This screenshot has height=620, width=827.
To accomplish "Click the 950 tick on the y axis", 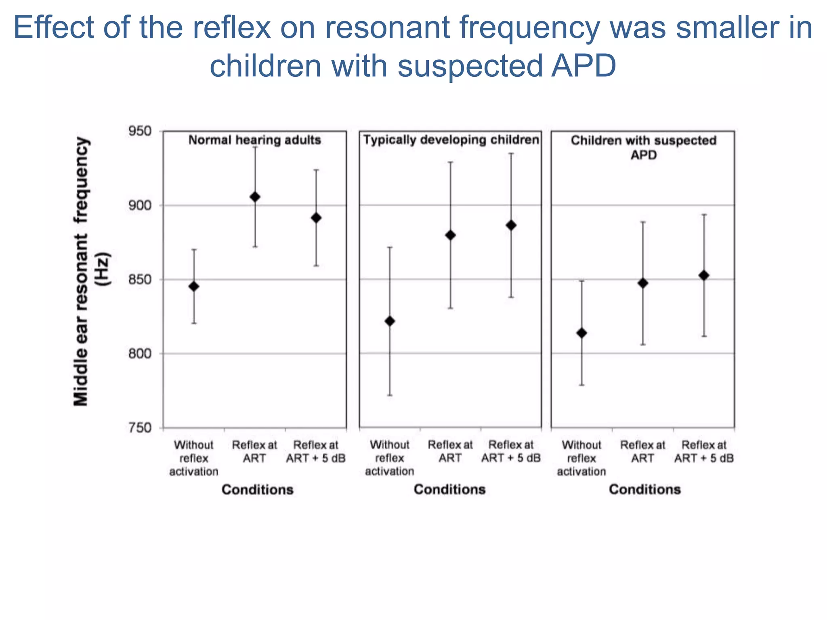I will tap(140, 131).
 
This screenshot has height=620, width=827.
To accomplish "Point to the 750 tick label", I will tap(140, 427).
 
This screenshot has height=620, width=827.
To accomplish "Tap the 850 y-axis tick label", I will tap(140, 279).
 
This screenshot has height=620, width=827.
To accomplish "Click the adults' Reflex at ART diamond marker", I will tap(255, 197).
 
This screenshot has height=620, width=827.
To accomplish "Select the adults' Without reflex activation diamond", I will tap(194, 286).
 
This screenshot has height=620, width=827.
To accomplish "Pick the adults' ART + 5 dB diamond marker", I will tap(316, 218).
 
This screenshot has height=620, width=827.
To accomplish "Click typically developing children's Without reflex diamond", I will tap(390, 321).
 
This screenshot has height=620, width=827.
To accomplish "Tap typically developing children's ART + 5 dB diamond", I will tap(511, 225).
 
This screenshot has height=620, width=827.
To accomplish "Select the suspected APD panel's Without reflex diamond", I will tap(581, 333).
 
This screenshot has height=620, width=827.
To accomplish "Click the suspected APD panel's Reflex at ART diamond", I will tap(643, 283).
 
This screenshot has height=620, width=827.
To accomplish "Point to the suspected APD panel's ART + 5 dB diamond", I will tap(704, 276).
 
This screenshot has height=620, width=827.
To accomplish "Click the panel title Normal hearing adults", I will tap(254, 140).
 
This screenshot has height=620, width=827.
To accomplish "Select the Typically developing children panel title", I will tap(451, 140).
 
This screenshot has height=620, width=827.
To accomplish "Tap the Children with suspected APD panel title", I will tap(643, 147).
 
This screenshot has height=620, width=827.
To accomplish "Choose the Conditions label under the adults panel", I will tap(257, 490).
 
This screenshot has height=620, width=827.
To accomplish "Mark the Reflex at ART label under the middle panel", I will tap(450, 451).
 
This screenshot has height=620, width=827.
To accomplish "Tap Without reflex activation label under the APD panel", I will tap(581, 458).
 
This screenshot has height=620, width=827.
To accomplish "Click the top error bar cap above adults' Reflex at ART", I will tap(255, 147).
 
